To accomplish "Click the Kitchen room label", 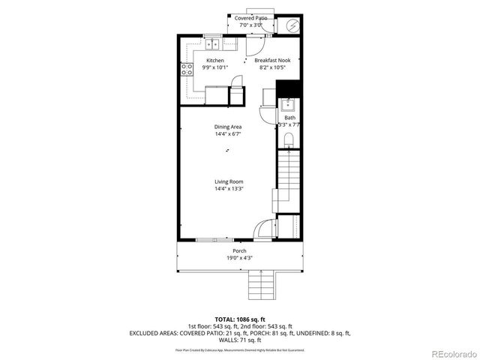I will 215,60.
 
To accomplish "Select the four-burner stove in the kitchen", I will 185,71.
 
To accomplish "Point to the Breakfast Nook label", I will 270,60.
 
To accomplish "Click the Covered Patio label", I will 250,17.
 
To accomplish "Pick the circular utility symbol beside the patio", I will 292,25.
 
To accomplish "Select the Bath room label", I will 289,118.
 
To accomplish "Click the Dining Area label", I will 228,127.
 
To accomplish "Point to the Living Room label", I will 229,181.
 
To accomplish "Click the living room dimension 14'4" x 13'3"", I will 229,189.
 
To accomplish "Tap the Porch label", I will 239,250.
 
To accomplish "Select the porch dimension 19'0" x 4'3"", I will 239,258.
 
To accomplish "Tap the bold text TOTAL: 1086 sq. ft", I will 239,319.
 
